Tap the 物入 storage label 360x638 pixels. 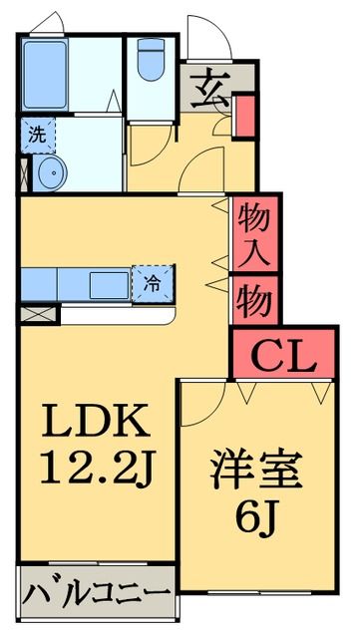click(255, 233)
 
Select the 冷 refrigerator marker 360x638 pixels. click(154, 282)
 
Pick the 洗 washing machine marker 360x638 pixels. click(36, 133)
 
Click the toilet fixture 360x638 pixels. click(152, 60)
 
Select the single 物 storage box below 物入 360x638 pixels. click(255, 298)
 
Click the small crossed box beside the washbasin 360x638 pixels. click(24, 172)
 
